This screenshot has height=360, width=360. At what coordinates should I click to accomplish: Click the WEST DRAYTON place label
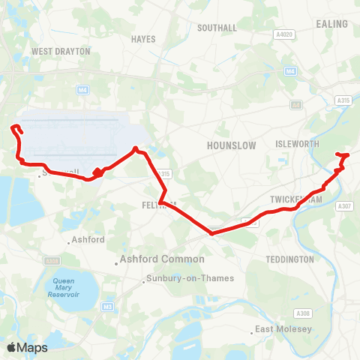[61, 52]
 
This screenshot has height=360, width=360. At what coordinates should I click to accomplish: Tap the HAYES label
[142, 38]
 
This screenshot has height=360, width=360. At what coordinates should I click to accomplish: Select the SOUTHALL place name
[217, 28]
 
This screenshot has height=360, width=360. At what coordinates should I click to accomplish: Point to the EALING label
[332, 24]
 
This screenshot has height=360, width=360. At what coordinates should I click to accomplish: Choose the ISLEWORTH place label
[298, 143]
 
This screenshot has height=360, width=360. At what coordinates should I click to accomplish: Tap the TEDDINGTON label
[289, 259]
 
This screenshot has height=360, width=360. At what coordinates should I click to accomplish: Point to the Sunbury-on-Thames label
[189, 278]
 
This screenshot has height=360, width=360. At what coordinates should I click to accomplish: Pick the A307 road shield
[344, 206]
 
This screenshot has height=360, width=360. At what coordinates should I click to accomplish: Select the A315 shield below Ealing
[343, 99]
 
